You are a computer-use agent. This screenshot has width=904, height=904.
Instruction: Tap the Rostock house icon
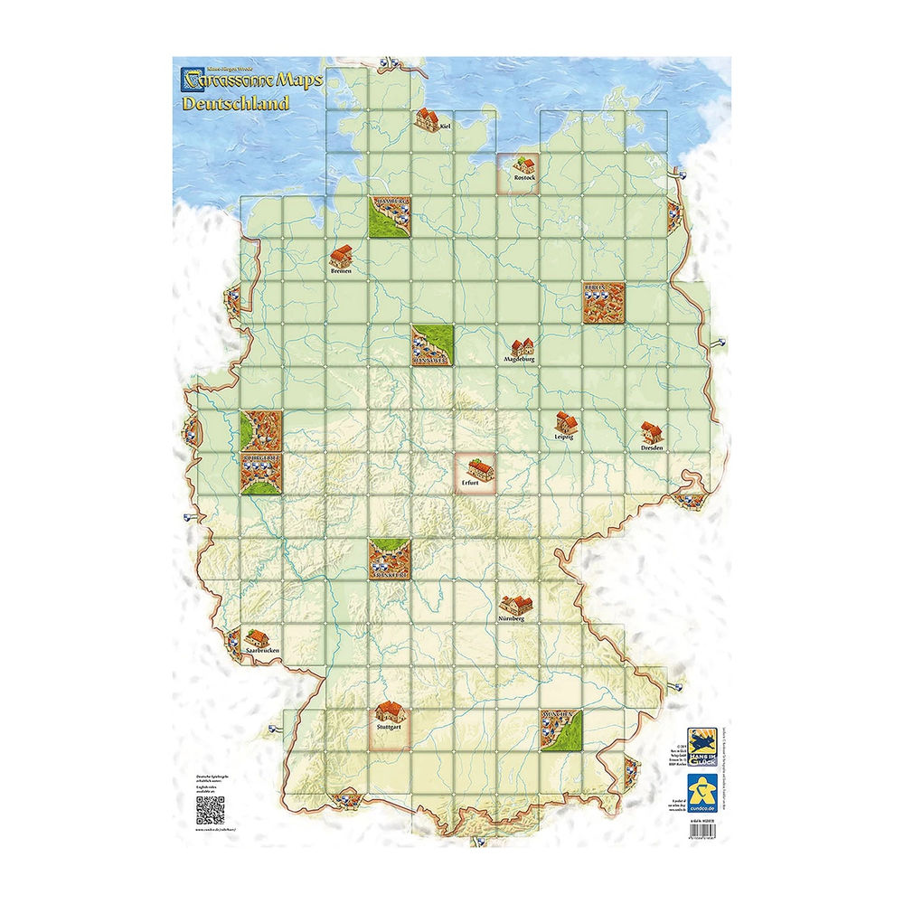coord(523,165)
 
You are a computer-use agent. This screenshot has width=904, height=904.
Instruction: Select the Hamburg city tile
coord(391,217)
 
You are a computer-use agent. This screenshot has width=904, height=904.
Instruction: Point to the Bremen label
coord(341,270)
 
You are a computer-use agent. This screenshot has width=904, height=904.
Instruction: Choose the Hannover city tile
coord(433,345)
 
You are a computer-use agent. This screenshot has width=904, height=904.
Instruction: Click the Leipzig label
coord(564,437)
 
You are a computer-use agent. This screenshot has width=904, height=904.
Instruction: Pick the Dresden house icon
coord(651,432)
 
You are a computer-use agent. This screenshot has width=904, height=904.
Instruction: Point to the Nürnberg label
coord(511,619)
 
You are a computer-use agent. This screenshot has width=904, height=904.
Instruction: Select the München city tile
coord(561,729)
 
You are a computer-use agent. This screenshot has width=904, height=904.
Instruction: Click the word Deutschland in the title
coord(235,102)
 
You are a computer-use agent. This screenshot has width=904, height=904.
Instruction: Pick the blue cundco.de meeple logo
coord(702,786)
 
